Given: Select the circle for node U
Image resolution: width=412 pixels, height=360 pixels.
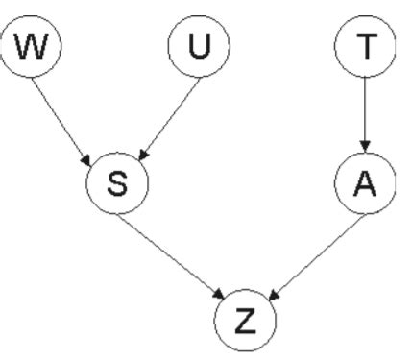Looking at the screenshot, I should [196, 48].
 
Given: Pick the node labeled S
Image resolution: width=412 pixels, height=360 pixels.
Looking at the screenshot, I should [116, 183].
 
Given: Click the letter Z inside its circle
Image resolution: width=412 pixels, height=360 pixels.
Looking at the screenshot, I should [246, 319].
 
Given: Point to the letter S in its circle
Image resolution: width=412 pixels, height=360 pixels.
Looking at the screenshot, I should [116, 183].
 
